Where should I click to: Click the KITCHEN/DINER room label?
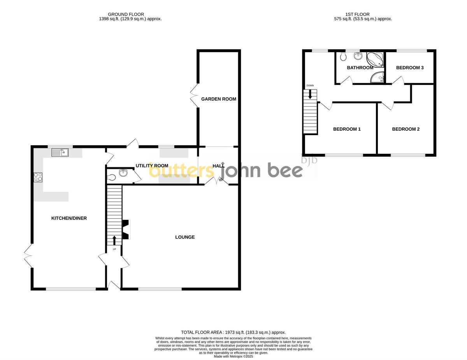[69, 218]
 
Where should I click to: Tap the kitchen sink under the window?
[60, 152]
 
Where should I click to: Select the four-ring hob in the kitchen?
[38, 177]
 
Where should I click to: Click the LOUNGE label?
[185, 237]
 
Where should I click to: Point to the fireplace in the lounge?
[126, 230]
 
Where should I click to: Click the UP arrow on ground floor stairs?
[114, 240]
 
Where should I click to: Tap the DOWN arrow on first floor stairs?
[310, 94]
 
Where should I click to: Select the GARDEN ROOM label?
[218, 99]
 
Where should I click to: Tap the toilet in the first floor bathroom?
[343, 57]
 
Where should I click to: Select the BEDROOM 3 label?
[409, 68]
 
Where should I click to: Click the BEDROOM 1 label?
[347, 129]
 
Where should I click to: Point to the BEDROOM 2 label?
[406, 129]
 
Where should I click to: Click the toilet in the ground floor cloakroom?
[112, 177]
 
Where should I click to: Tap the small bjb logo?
[309, 159]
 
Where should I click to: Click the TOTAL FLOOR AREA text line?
[233, 332]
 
